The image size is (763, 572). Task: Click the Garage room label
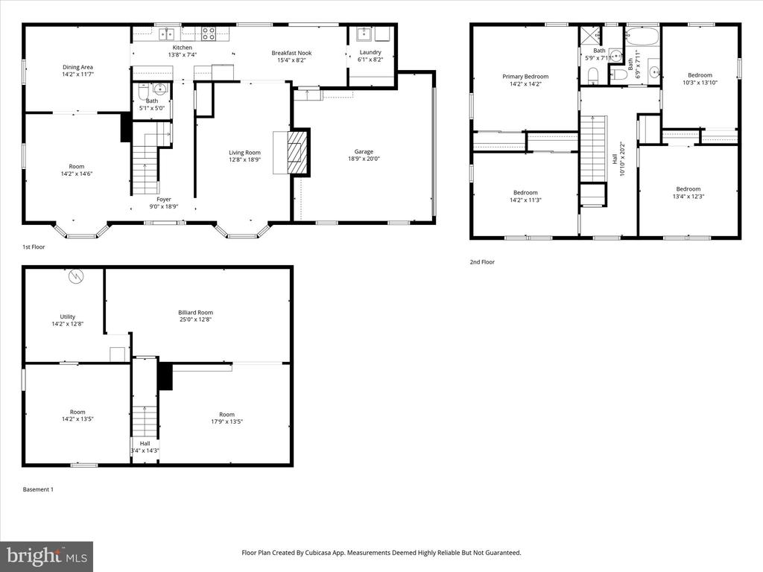click(x=364, y=152)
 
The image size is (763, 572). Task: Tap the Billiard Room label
click(x=196, y=313)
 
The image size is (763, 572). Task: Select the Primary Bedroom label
click(x=525, y=77)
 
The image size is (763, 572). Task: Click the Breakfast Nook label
click(x=291, y=53)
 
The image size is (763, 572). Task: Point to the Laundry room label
click(x=370, y=53)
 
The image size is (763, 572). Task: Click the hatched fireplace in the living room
click(x=298, y=152)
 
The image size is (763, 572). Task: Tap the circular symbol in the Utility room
click(x=76, y=277)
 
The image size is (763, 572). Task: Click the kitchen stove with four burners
click(x=209, y=33)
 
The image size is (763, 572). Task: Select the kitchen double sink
click(x=166, y=34)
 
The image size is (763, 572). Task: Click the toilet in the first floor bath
click(x=142, y=92)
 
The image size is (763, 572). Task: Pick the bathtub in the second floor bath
click(x=642, y=36)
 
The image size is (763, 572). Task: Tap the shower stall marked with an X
click(x=590, y=36)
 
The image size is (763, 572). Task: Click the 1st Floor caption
click(x=34, y=247)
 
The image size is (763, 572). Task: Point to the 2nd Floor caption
click(x=482, y=262)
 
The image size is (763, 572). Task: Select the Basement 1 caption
click(x=38, y=490)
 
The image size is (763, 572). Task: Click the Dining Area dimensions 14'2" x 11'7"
click(x=77, y=74)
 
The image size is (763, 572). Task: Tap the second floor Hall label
click(x=615, y=159)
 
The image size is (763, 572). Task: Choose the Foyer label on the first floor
click(x=164, y=200)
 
